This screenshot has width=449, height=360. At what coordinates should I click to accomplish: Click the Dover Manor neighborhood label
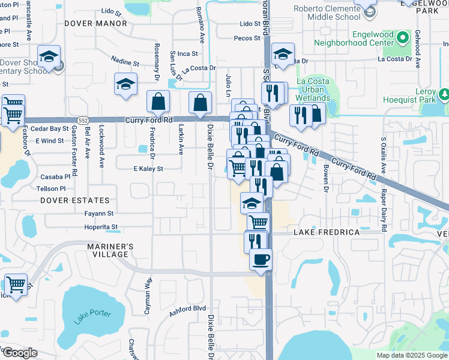(x=95, y=24)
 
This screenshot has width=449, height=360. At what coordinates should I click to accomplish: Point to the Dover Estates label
(x=75, y=200)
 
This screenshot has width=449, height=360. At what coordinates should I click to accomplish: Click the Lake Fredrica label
(x=327, y=232)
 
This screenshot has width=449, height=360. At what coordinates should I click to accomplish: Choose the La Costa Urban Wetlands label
(x=313, y=89)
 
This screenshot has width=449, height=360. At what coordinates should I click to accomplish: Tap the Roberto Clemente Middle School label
(x=325, y=14)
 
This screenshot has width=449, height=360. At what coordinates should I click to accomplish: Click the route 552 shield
(x=83, y=121)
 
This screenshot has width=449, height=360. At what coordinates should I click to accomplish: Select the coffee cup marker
(x=261, y=260)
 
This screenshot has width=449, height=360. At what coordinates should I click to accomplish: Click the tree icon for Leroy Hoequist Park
(x=444, y=95)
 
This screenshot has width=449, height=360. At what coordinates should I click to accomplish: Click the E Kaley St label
(x=148, y=169)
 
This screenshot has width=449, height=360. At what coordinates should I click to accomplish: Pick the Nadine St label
(x=125, y=62)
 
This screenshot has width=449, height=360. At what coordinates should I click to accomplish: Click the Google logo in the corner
(x=19, y=353)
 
